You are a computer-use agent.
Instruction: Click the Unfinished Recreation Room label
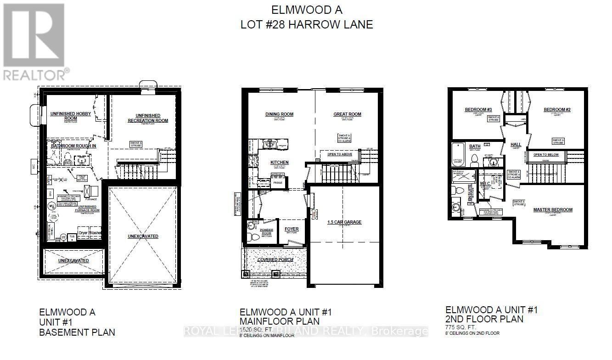147,118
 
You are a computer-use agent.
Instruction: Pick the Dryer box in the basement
83,233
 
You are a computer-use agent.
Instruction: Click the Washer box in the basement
96,233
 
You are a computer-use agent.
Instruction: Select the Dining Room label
279,114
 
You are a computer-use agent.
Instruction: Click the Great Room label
347,114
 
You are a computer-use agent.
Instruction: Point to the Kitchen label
279,163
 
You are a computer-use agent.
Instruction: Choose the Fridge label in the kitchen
278,183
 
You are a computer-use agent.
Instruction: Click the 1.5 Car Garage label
344,222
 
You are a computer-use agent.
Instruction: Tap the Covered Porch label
275,259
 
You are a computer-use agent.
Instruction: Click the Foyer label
291,229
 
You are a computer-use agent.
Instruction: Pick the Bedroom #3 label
478,110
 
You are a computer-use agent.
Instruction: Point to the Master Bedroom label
553,210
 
